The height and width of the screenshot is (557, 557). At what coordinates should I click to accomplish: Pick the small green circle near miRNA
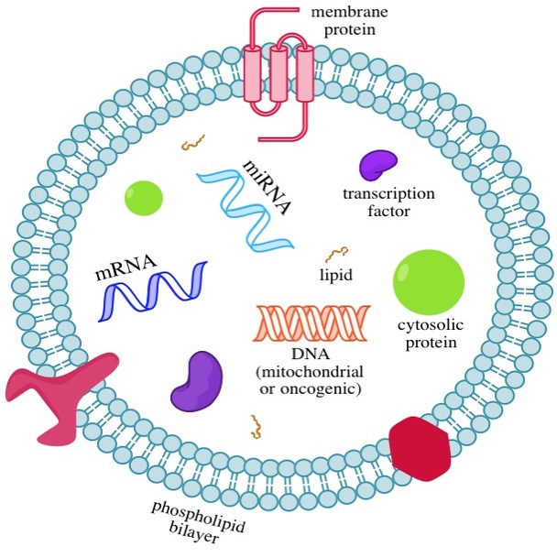click(x=145, y=197)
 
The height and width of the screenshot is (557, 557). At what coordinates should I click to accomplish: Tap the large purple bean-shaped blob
click(x=196, y=379)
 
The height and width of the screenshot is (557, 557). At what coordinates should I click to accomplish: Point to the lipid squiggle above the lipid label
click(x=336, y=253)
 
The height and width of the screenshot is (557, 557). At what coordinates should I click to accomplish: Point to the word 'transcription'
click(x=388, y=194)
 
